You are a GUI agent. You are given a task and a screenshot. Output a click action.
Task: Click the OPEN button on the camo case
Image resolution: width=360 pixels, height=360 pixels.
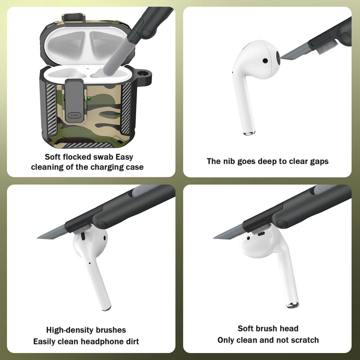click(x=74, y=115)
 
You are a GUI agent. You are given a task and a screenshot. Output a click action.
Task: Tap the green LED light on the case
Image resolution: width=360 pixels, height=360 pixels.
click(x=89, y=98)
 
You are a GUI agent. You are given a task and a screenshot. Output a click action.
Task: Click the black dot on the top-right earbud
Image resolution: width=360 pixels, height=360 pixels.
click(x=265, y=60)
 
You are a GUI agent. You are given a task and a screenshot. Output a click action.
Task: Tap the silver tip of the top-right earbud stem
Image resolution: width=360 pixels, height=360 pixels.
click(x=249, y=133)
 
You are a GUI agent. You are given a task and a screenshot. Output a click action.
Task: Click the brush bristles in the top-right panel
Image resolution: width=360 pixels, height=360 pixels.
click(x=326, y=48)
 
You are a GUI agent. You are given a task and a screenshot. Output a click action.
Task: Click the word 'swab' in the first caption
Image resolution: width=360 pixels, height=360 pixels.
click(x=103, y=157)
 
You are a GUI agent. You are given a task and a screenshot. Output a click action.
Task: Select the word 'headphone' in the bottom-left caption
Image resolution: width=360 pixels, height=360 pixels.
click(x=100, y=341)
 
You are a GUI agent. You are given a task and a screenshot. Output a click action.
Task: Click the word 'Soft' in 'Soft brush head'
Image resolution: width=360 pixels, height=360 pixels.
click(x=245, y=328)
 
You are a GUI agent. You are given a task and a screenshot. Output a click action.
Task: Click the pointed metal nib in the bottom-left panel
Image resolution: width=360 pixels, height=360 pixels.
click(x=52, y=233)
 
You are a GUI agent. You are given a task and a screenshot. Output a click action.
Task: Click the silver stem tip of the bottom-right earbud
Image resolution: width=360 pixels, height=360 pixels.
click(x=292, y=305)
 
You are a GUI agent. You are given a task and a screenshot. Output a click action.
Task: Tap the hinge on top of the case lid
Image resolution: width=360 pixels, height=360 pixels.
click(x=73, y=18)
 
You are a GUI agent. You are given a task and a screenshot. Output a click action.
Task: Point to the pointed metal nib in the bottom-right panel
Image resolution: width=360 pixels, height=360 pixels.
click(x=228, y=233)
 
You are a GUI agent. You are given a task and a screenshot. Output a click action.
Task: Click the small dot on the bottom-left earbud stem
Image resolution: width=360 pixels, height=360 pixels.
click(x=89, y=263)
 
